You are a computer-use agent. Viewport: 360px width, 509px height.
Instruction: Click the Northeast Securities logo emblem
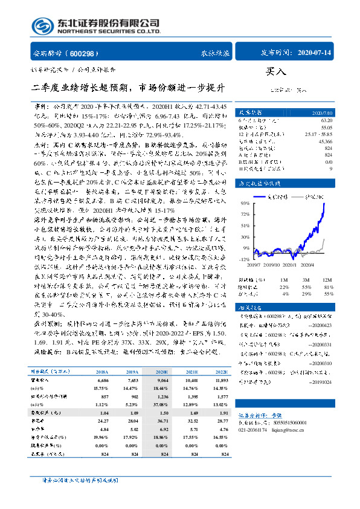pos(42,26)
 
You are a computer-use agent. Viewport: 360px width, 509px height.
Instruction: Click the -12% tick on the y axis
pos(244,259)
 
